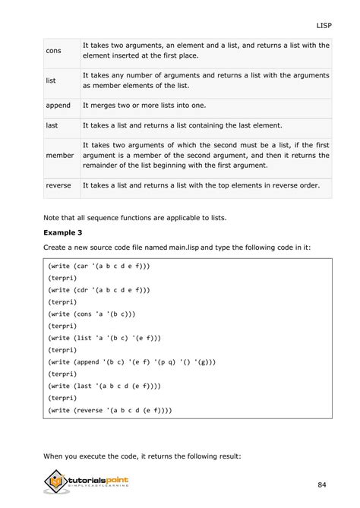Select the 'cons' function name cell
coord(54,51)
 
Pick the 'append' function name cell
coord(58,106)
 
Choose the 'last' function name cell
coord(52,125)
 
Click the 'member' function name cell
coord(61,155)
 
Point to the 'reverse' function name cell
coord(59,185)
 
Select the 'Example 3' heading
coord(66,232)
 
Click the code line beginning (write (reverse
coord(109,410)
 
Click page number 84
coord(323,484)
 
